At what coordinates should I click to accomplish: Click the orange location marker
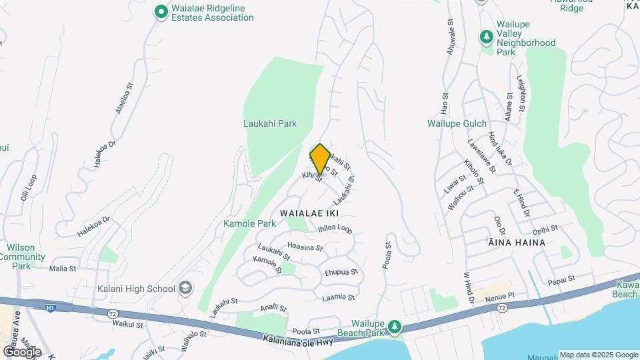point(321,159)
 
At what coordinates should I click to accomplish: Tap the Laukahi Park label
point(269,123)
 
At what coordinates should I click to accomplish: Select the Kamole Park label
point(249,223)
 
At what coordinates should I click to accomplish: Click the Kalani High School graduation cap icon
point(186,289)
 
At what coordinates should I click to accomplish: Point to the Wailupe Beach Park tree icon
point(396,326)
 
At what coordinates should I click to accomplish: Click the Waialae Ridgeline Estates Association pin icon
point(161,12)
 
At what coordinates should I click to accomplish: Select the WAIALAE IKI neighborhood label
point(310,213)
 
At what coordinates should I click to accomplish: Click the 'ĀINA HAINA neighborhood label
point(513,243)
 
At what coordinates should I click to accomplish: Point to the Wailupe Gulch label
point(457,123)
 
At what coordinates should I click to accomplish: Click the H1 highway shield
point(50,308)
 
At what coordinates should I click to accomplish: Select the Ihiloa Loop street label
point(335,228)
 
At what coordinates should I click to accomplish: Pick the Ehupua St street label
point(341,272)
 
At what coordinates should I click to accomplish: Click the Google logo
point(22,351)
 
